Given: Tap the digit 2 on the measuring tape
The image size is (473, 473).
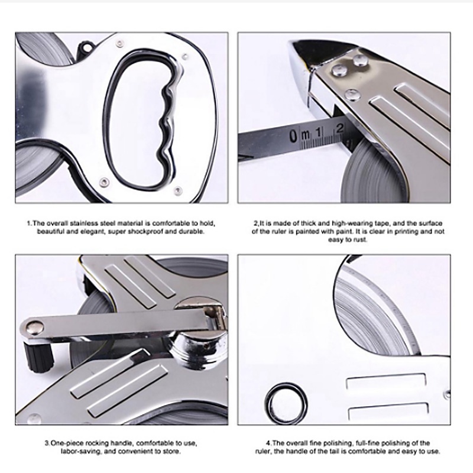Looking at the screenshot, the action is (340, 128).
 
